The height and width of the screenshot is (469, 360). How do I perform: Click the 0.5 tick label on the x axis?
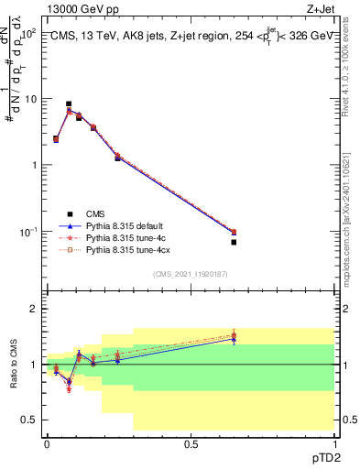point(191,443)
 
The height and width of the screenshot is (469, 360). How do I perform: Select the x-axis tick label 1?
point(334,443)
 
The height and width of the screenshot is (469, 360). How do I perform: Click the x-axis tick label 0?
point(47,443)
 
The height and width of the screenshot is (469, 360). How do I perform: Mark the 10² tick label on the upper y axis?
point(28,33)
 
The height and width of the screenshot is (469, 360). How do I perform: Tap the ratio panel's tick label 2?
point(34,310)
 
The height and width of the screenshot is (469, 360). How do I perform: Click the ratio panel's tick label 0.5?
point(30,420)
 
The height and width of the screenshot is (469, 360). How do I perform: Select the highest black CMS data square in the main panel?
point(69,104)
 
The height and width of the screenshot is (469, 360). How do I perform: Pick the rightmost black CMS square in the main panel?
point(234,242)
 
